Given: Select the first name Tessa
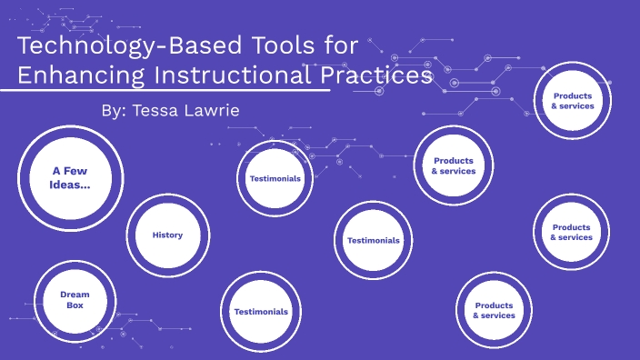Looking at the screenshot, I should (x=160, y=110).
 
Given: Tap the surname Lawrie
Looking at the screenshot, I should (x=217, y=110).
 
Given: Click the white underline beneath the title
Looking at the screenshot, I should (x=173, y=91).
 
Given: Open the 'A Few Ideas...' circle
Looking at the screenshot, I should (x=70, y=177).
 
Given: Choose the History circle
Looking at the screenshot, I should (x=168, y=235).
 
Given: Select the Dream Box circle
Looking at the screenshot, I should (x=75, y=300).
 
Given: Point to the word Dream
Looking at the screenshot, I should (x=75, y=294).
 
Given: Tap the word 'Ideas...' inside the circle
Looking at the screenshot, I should (x=70, y=185).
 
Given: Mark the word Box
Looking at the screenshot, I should (x=75, y=306).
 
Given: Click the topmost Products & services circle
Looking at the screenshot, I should (x=573, y=100).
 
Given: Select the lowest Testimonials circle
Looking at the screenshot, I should (x=261, y=312).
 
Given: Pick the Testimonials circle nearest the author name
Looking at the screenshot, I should (x=275, y=178).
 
